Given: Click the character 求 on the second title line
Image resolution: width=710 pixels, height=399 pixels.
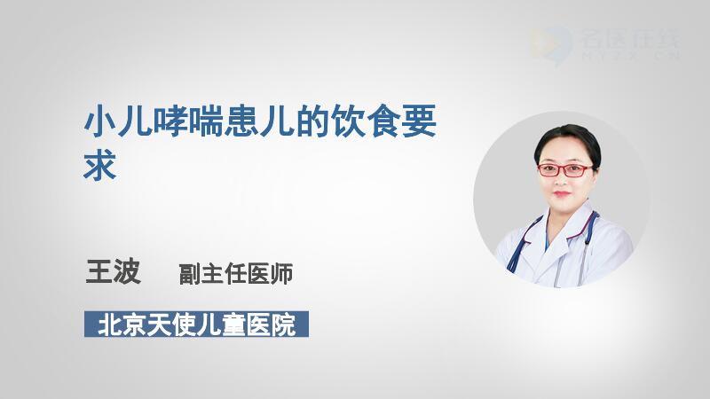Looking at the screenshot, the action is tap(100, 165).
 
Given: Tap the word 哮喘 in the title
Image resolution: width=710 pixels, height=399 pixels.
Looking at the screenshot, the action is tap(188, 121).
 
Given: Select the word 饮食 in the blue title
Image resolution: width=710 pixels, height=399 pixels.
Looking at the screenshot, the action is tap(366, 121).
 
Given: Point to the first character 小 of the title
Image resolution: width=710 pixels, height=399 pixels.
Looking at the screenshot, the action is tap(99, 121).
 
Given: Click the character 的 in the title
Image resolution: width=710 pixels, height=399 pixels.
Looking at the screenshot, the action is tap(312, 121).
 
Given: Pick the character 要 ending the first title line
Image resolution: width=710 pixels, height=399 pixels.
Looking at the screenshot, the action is tap(419, 121).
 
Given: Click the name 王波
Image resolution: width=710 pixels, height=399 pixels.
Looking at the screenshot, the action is tap(114, 271).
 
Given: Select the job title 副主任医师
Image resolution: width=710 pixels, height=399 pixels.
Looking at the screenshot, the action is tap(236, 274).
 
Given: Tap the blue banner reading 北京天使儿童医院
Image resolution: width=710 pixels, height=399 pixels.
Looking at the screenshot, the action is tap(196, 324).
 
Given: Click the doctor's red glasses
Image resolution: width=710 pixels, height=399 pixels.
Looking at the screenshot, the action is tap(565, 170).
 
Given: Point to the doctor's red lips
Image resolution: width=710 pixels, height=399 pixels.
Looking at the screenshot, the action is tap(562, 193).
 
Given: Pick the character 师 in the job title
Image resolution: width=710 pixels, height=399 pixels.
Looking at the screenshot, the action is tap(281, 274).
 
